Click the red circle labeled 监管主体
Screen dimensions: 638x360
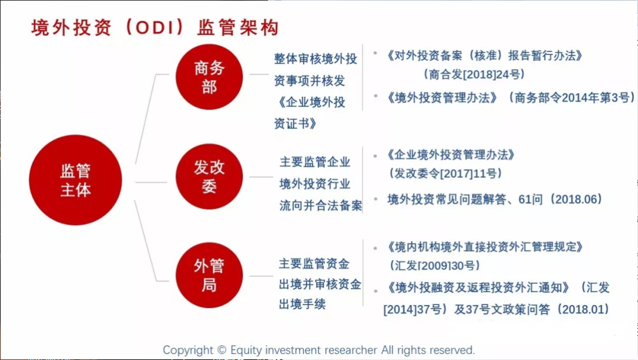(75, 180)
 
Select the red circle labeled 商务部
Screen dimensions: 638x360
(209, 77)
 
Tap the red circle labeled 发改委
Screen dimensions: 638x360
(209, 176)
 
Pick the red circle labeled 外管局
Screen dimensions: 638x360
(209, 275)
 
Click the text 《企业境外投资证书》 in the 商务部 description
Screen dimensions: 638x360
(310, 113)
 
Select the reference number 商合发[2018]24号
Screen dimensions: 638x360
(474, 74)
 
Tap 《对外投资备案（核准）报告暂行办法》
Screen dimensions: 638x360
(484, 56)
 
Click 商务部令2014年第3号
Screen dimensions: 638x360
(572, 98)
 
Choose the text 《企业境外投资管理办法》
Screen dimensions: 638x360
(450, 155)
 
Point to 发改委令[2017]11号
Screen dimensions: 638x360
(445, 174)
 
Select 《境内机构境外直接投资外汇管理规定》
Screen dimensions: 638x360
(484, 247)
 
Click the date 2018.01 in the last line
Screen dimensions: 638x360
(582, 310)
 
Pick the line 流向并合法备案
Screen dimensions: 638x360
(321, 206)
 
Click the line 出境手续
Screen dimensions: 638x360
(302, 304)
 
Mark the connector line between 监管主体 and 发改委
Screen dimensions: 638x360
(151, 182)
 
